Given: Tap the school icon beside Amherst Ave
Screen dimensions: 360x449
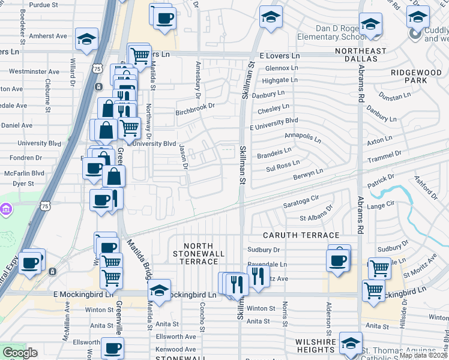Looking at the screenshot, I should (86, 40).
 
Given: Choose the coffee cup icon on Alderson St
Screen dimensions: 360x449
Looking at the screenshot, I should (338, 260).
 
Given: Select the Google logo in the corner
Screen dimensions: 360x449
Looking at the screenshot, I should (20, 352).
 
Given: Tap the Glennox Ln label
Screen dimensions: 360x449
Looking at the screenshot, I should (277, 68).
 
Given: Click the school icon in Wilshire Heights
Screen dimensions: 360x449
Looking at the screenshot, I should (351, 343).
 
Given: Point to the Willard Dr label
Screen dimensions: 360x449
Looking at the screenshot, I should (72, 70).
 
